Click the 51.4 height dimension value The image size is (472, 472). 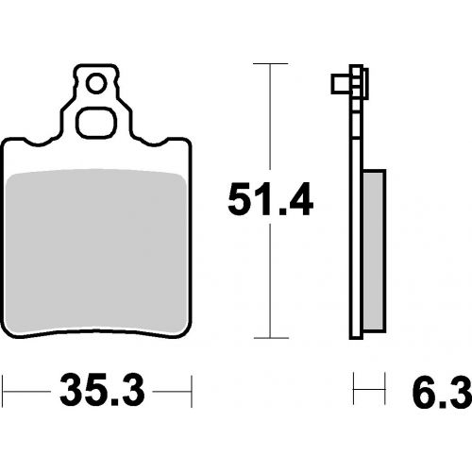[x=270, y=199]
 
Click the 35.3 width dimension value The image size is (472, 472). [x=102, y=390]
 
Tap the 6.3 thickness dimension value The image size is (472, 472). [x=442, y=391]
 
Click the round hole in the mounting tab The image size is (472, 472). [x=96, y=84]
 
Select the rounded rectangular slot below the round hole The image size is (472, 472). [x=96, y=123]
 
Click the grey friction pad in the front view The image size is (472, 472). [x=96, y=253]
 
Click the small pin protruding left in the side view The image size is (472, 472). [x=341, y=84]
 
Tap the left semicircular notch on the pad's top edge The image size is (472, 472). [x=40, y=143]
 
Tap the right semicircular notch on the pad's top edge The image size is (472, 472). [x=153, y=143]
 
